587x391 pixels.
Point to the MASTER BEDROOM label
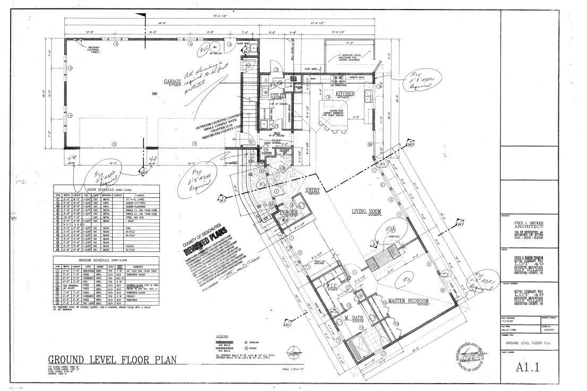(409, 300)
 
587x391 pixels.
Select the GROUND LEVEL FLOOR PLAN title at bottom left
(112, 360)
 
